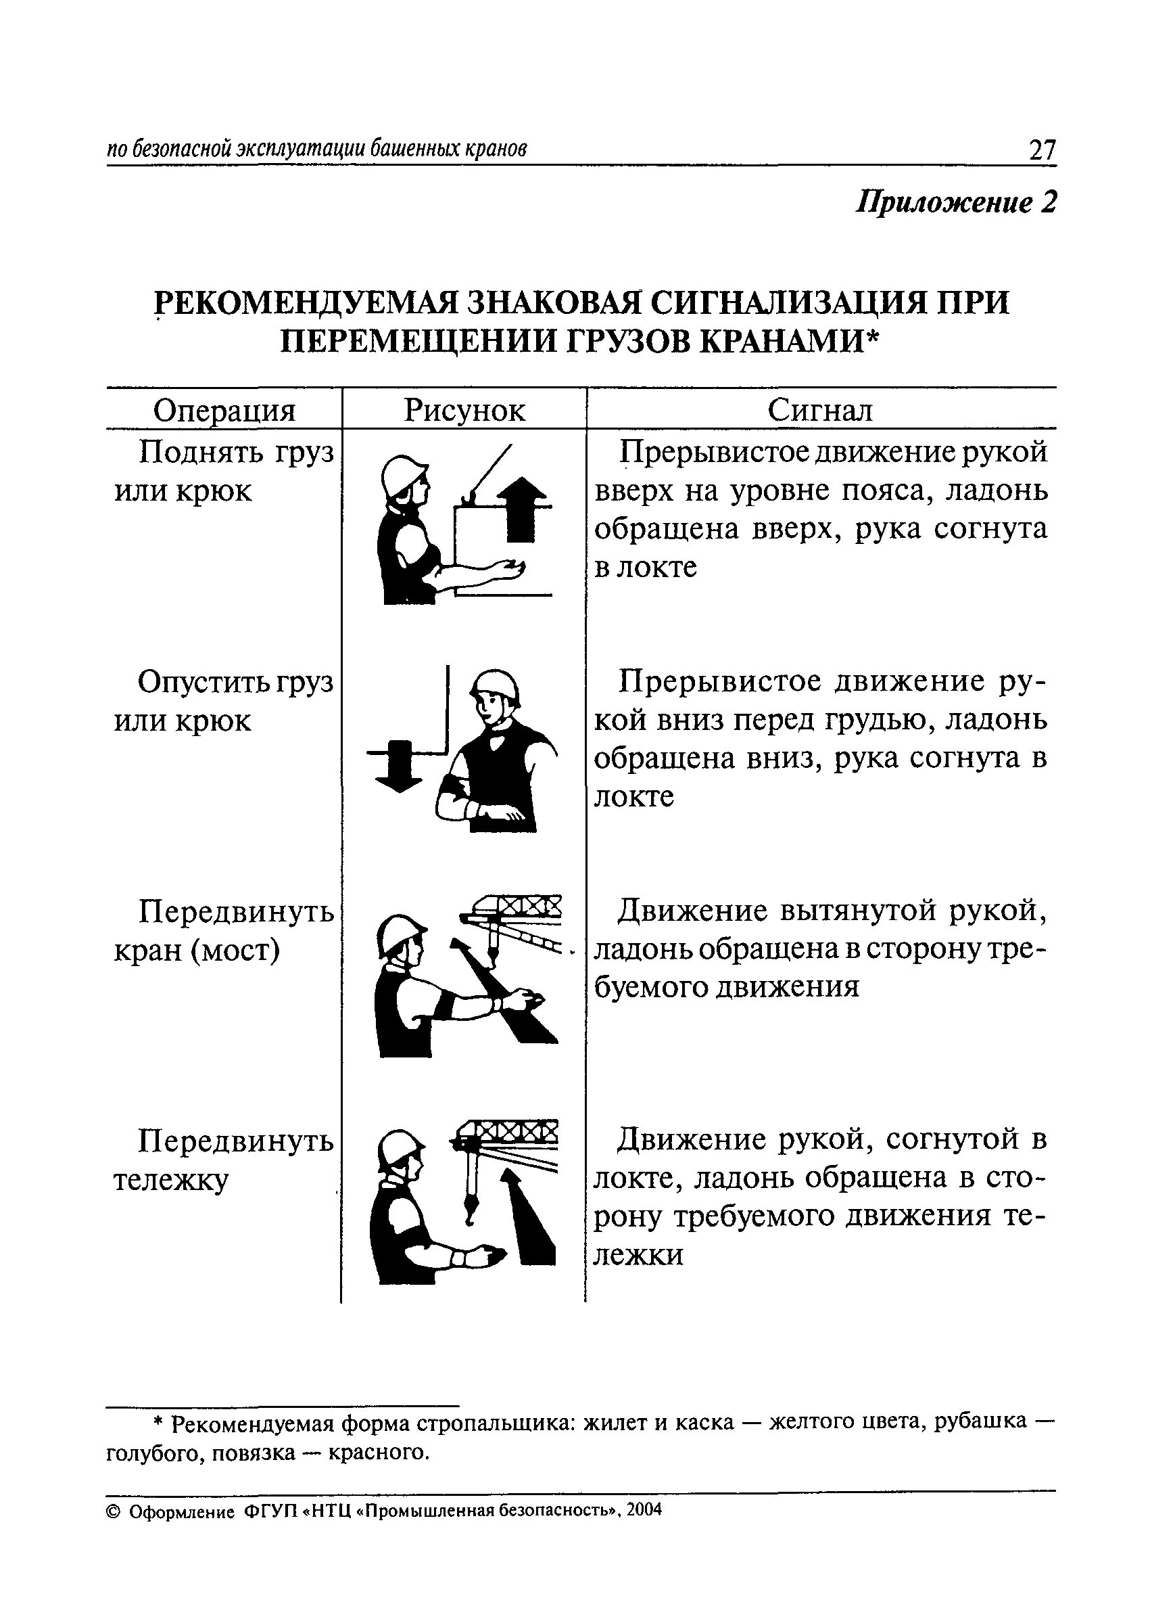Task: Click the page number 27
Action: (1042, 150)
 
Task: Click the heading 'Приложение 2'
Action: (956, 203)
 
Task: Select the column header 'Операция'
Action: (224, 409)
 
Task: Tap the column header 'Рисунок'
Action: (464, 409)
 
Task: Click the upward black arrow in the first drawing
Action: (521, 508)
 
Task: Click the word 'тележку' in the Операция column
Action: (171, 1180)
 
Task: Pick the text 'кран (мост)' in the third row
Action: (197, 951)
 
